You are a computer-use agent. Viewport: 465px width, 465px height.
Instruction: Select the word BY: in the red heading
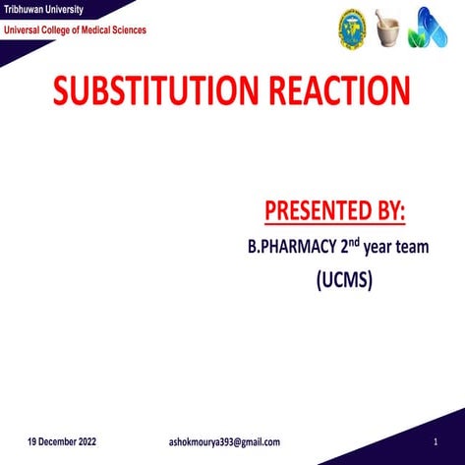pos(388,210)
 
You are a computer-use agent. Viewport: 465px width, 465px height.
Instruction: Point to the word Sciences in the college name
pos(127,30)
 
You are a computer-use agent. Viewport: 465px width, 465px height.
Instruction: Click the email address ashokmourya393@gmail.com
pos(224,442)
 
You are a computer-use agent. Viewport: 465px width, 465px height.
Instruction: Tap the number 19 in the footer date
pos(32,442)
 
